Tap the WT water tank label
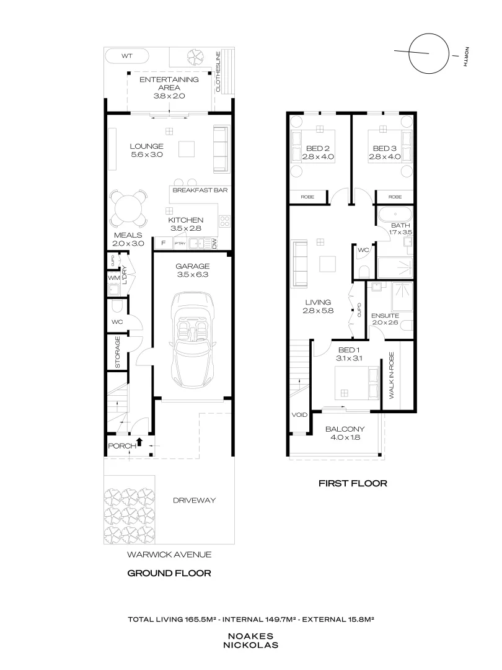tap(126, 56)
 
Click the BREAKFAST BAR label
tap(199, 190)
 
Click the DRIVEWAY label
tap(194, 501)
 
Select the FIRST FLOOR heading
tap(352, 482)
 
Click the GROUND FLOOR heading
tap(169, 573)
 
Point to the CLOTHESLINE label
tap(218, 72)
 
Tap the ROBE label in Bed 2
tap(308, 197)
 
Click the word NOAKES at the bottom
tap(252, 636)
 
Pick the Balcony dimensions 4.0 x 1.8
tap(345, 437)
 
